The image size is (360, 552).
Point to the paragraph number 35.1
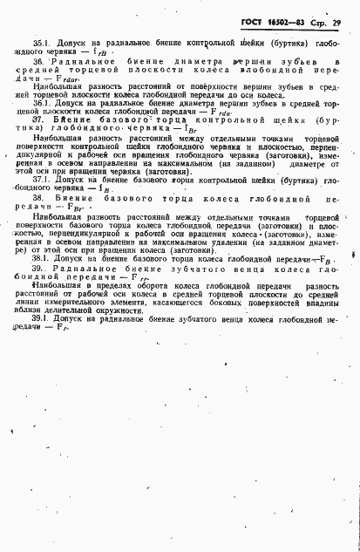41,42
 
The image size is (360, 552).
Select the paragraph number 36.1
41,103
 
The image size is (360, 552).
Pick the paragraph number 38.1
41,259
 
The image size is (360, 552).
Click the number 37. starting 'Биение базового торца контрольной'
39,120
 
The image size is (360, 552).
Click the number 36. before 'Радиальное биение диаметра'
39,63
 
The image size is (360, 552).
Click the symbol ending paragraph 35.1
101,52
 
